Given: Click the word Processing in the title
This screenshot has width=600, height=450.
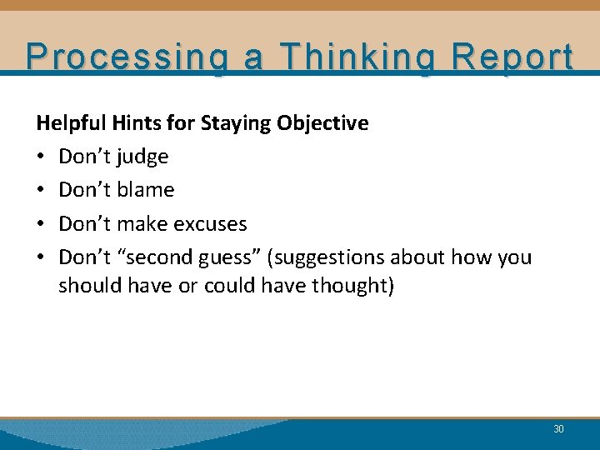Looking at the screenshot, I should pyautogui.click(x=118, y=57).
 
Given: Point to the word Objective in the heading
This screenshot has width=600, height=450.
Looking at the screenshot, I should pyautogui.click(x=322, y=123).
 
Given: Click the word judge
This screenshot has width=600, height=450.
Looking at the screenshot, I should pyautogui.click(x=144, y=157).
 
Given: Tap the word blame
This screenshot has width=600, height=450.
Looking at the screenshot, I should pyautogui.click(x=147, y=190).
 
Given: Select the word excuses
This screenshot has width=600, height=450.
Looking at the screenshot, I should pyautogui.click(x=212, y=223).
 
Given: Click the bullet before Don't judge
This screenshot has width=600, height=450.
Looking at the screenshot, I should pyautogui.click(x=41, y=157).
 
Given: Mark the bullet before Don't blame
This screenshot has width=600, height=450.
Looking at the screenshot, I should pyautogui.click(x=41, y=191).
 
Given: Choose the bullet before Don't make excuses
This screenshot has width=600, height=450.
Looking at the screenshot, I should pyautogui.click(x=41, y=224).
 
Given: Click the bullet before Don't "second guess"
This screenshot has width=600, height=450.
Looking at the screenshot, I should pyautogui.click(x=41, y=257).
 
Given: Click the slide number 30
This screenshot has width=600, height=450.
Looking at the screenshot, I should pyautogui.click(x=558, y=429).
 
